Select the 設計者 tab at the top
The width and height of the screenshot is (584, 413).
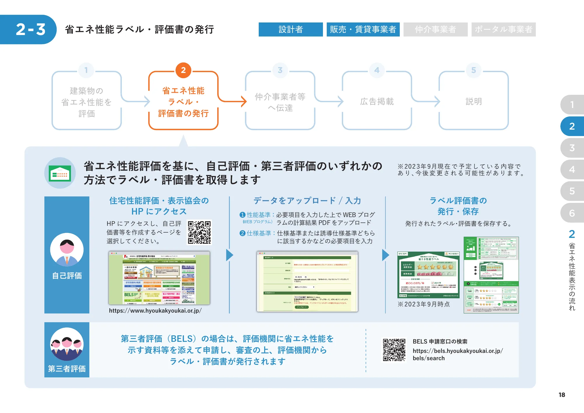pyautogui.click(x=291, y=29)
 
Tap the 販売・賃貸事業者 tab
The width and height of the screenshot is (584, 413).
pyautogui.click(x=363, y=29)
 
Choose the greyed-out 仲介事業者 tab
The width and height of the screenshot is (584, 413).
pyautogui.click(x=435, y=29)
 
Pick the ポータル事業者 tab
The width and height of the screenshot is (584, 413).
pyautogui.click(x=503, y=29)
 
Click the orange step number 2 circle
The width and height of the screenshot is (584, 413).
pyautogui.click(x=183, y=70)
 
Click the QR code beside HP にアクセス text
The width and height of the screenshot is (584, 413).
pyautogui.click(x=199, y=232)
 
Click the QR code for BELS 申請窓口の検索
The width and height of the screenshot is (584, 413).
pyautogui.click(x=394, y=350)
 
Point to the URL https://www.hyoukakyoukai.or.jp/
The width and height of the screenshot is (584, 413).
pyautogui.click(x=155, y=311)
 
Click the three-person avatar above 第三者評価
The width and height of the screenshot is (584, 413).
pyautogui.click(x=67, y=344)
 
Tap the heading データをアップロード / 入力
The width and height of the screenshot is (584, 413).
pyautogui.click(x=307, y=201)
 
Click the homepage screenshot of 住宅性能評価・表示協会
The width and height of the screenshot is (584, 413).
pyautogui.click(x=159, y=278)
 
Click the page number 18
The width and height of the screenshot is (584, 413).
pyautogui.click(x=562, y=395)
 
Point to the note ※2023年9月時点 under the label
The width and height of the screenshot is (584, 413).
pyautogui.click(x=423, y=304)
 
